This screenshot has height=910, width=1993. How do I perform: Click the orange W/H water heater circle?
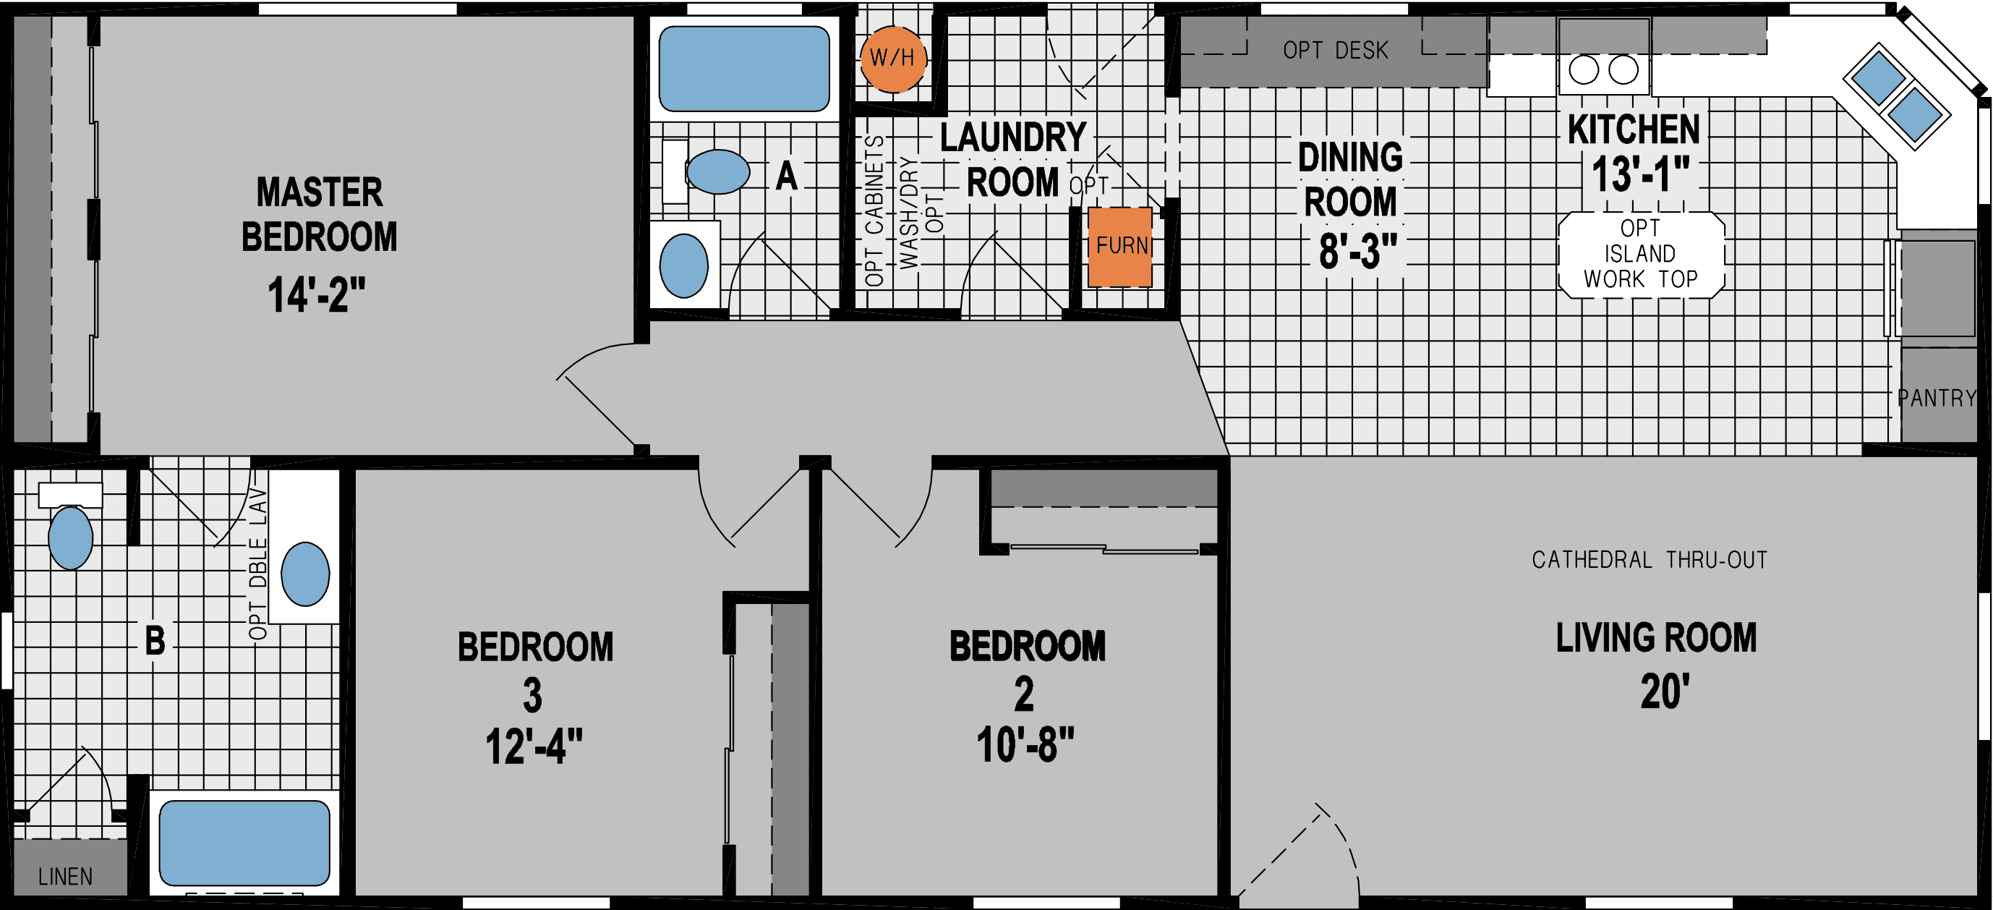pyautogui.click(x=893, y=59)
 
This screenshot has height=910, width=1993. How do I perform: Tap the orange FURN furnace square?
pyautogui.click(x=1120, y=247)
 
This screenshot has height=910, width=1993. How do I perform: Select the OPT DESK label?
pyautogui.click(x=1336, y=51)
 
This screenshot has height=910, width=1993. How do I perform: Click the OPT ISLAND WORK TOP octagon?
pyautogui.click(x=1640, y=254)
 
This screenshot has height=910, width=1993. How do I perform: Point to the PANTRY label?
pyautogui.click(x=1937, y=398)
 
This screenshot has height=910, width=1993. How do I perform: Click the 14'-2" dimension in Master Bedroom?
pyautogui.click(x=316, y=295)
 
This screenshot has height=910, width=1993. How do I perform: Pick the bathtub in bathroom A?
pyautogui.click(x=743, y=68)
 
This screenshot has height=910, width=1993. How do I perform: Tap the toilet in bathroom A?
pyautogui.click(x=716, y=171)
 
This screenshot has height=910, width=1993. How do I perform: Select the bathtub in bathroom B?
pyautogui.click(x=244, y=843)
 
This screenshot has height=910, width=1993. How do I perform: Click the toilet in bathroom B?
pyautogui.click(x=70, y=536)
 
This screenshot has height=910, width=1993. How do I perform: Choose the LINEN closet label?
pyautogui.click(x=65, y=877)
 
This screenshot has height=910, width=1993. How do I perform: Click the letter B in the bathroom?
pyautogui.click(x=155, y=641)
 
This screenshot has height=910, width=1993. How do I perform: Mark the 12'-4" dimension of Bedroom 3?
pyautogui.click(x=533, y=747)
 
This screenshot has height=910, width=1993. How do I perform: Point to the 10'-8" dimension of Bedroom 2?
pyautogui.click(x=1025, y=745)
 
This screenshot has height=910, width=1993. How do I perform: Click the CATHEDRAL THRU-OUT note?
pyautogui.click(x=1649, y=559)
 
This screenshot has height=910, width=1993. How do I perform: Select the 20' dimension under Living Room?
pyautogui.click(x=1664, y=691)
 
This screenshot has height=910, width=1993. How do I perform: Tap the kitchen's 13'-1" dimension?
pyautogui.click(x=1639, y=174)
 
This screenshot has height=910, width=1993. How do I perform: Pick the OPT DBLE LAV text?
pyautogui.click(x=257, y=564)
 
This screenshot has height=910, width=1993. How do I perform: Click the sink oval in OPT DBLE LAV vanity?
pyautogui.click(x=305, y=574)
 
